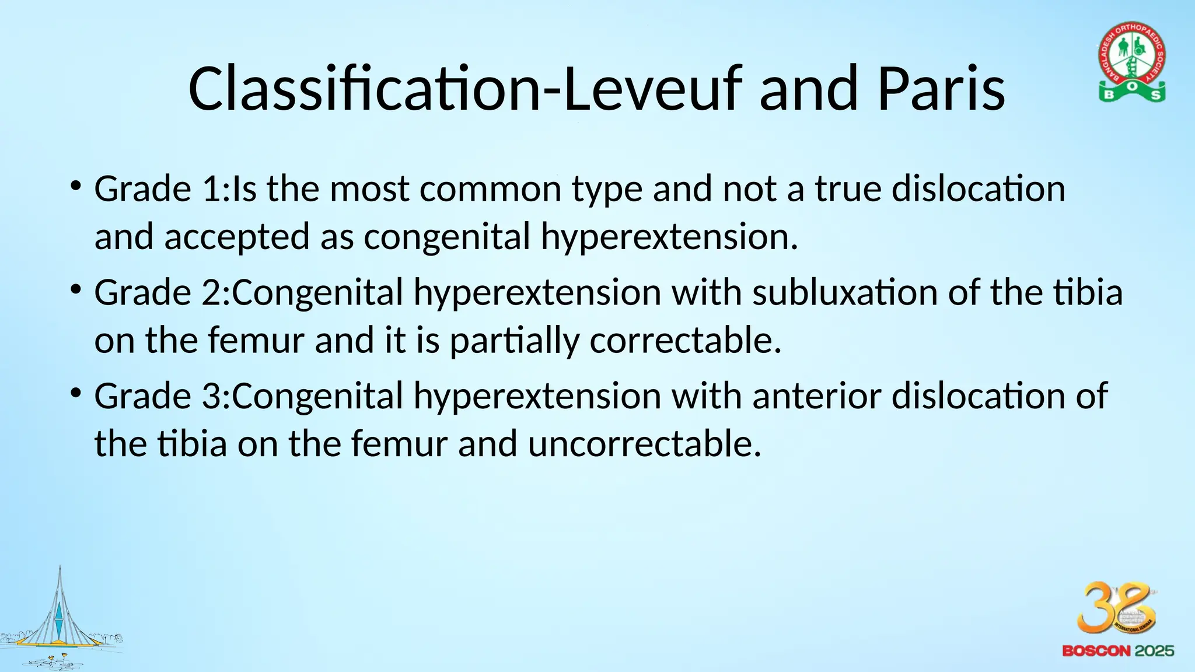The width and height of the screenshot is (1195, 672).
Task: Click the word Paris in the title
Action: (941, 89)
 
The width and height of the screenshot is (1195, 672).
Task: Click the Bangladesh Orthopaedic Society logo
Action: (1132, 62)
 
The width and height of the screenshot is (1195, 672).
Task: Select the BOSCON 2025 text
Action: (1118, 651)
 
